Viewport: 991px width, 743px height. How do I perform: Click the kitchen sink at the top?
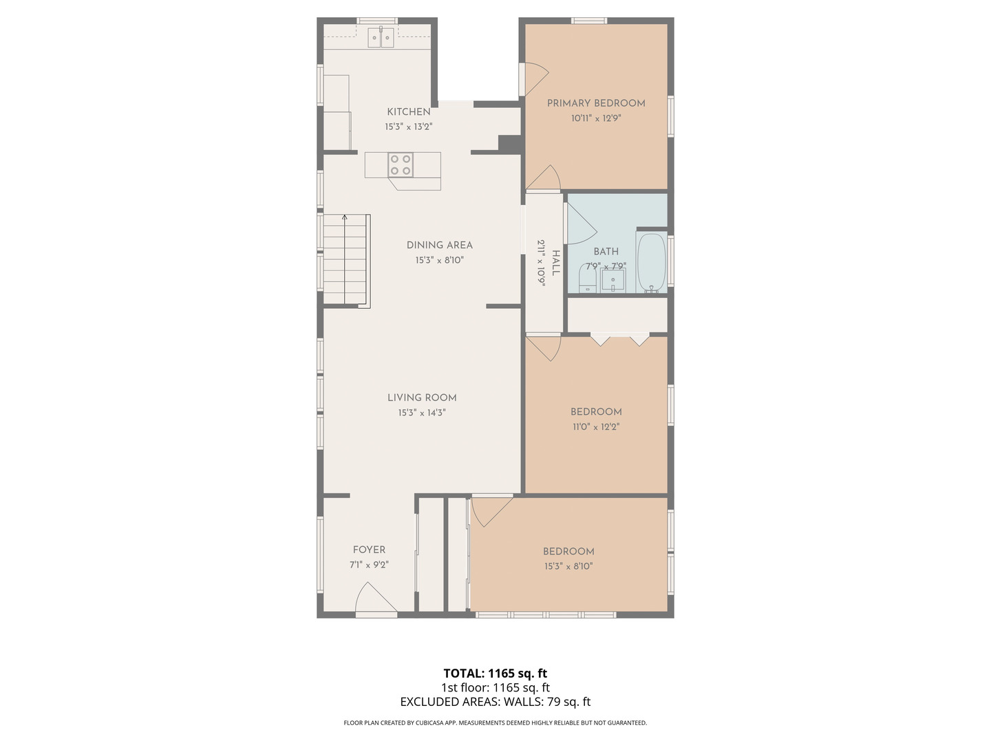381,37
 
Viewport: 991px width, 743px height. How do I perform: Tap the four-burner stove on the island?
400,165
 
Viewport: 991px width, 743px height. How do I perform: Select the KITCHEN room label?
409,111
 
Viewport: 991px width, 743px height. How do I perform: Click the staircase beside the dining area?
346,261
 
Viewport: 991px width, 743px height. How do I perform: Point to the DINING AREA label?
439,245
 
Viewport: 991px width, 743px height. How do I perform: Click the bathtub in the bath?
651,263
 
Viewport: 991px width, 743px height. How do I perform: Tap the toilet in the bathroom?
587,279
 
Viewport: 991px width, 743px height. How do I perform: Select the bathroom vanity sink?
612,281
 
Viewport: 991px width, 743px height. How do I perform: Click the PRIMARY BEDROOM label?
596,103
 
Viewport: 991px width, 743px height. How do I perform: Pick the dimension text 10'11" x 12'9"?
596,118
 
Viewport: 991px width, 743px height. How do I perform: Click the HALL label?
555,263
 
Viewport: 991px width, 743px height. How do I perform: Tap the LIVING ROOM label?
422,398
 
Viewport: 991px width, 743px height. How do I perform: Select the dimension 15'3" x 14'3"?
422,413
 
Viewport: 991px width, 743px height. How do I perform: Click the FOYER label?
369,550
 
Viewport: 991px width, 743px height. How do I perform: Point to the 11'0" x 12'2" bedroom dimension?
596,427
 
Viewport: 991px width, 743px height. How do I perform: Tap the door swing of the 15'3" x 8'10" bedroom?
488,510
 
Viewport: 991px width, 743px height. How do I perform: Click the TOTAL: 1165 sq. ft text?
495,674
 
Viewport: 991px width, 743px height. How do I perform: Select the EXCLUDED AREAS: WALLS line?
495,702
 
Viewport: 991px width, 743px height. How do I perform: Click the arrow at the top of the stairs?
345,218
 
